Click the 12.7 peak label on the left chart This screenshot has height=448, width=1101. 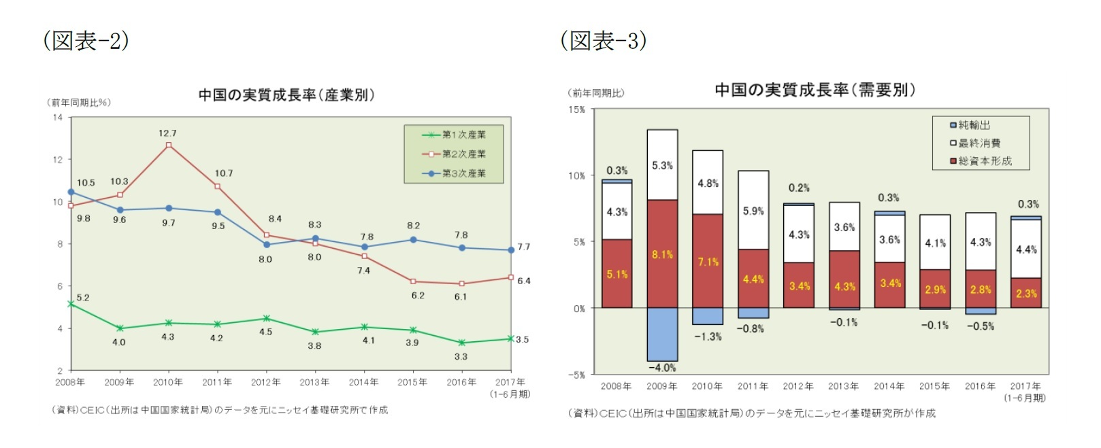click(x=167, y=133)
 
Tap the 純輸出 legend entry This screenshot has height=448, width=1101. click(x=970, y=125)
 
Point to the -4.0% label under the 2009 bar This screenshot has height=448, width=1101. click(x=662, y=368)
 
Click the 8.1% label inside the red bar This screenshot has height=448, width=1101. click(x=662, y=255)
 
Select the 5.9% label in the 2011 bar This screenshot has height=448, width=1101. click(x=753, y=211)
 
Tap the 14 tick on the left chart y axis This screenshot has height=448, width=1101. click(x=58, y=118)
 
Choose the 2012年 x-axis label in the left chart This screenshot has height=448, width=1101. click(x=265, y=382)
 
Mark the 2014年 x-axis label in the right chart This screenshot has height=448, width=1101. click(x=889, y=386)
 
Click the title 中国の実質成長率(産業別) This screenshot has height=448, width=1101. click(x=286, y=95)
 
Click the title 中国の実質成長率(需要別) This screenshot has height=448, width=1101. click(x=815, y=90)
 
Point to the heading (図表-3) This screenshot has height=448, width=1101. click(x=604, y=41)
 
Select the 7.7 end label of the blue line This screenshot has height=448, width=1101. click(x=523, y=247)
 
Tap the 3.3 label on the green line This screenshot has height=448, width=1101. click(x=461, y=356)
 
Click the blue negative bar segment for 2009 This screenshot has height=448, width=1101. click(x=662, y=334)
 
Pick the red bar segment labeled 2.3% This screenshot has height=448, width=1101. click(x=1026, y=293)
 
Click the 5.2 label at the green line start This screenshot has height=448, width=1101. click(x=83, y=298)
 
